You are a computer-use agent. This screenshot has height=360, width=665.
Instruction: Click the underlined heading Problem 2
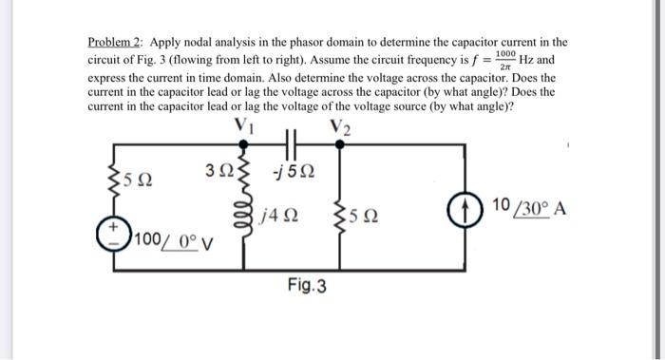pyautogui.click(x=113, y=43)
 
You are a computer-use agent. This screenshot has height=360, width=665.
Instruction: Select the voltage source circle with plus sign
pyautogui.click(x=117, y=234)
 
